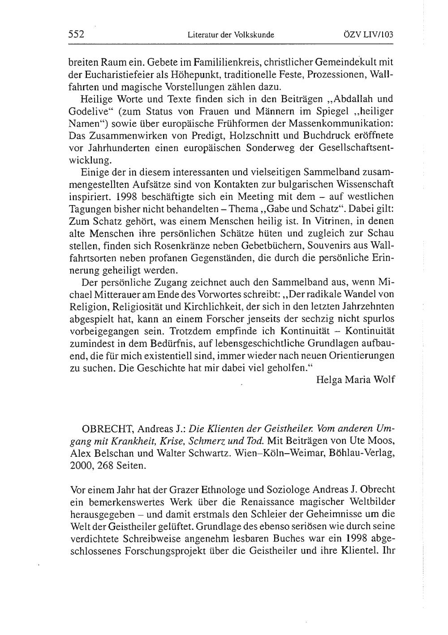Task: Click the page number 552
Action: click(77, 34)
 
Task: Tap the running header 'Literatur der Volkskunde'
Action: click(231, 34)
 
